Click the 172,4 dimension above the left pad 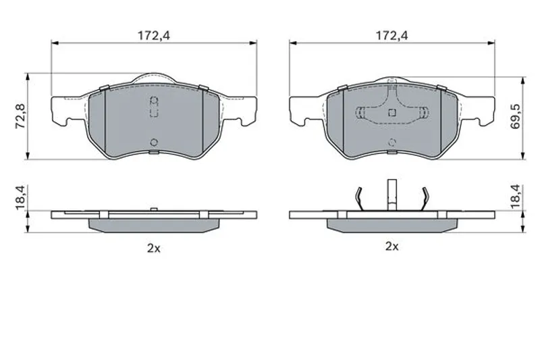(154, 35)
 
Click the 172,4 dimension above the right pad (391, 35)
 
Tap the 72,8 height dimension (21, 116)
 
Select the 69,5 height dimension (515, 116)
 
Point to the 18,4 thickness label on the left (21, 197)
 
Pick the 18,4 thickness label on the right (515, 197)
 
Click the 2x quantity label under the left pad (154, 248)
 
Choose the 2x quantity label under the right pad (391, 247)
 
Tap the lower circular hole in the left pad (154, 143)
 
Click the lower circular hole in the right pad (392, 142)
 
